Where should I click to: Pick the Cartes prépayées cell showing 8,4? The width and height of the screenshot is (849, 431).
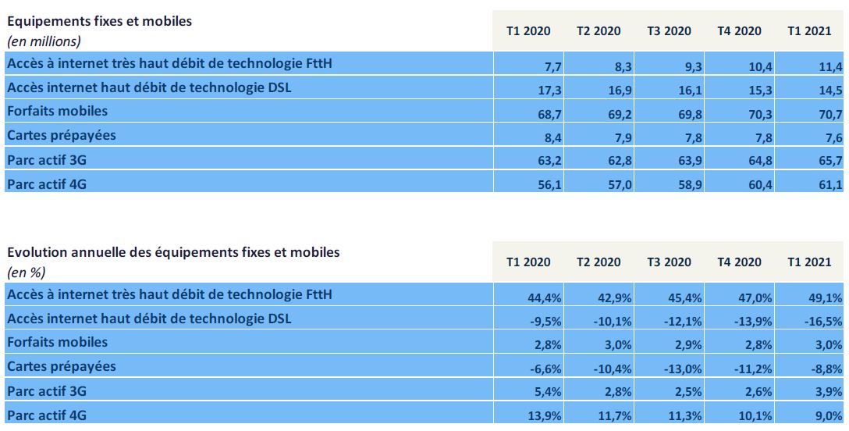point(544,138)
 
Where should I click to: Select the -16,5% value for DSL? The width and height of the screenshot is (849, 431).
point(825,322)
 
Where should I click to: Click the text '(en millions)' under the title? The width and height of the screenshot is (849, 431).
point(44,41)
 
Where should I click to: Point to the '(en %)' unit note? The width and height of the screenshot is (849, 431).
point(26,272)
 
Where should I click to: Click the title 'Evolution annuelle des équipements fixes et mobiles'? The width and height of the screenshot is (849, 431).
point(173,253)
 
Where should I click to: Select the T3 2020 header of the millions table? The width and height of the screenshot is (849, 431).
point(669,31)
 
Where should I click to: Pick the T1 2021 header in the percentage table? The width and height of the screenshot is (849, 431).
point(809,262)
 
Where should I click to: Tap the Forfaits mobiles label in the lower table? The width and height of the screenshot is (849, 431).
point(57,342)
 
